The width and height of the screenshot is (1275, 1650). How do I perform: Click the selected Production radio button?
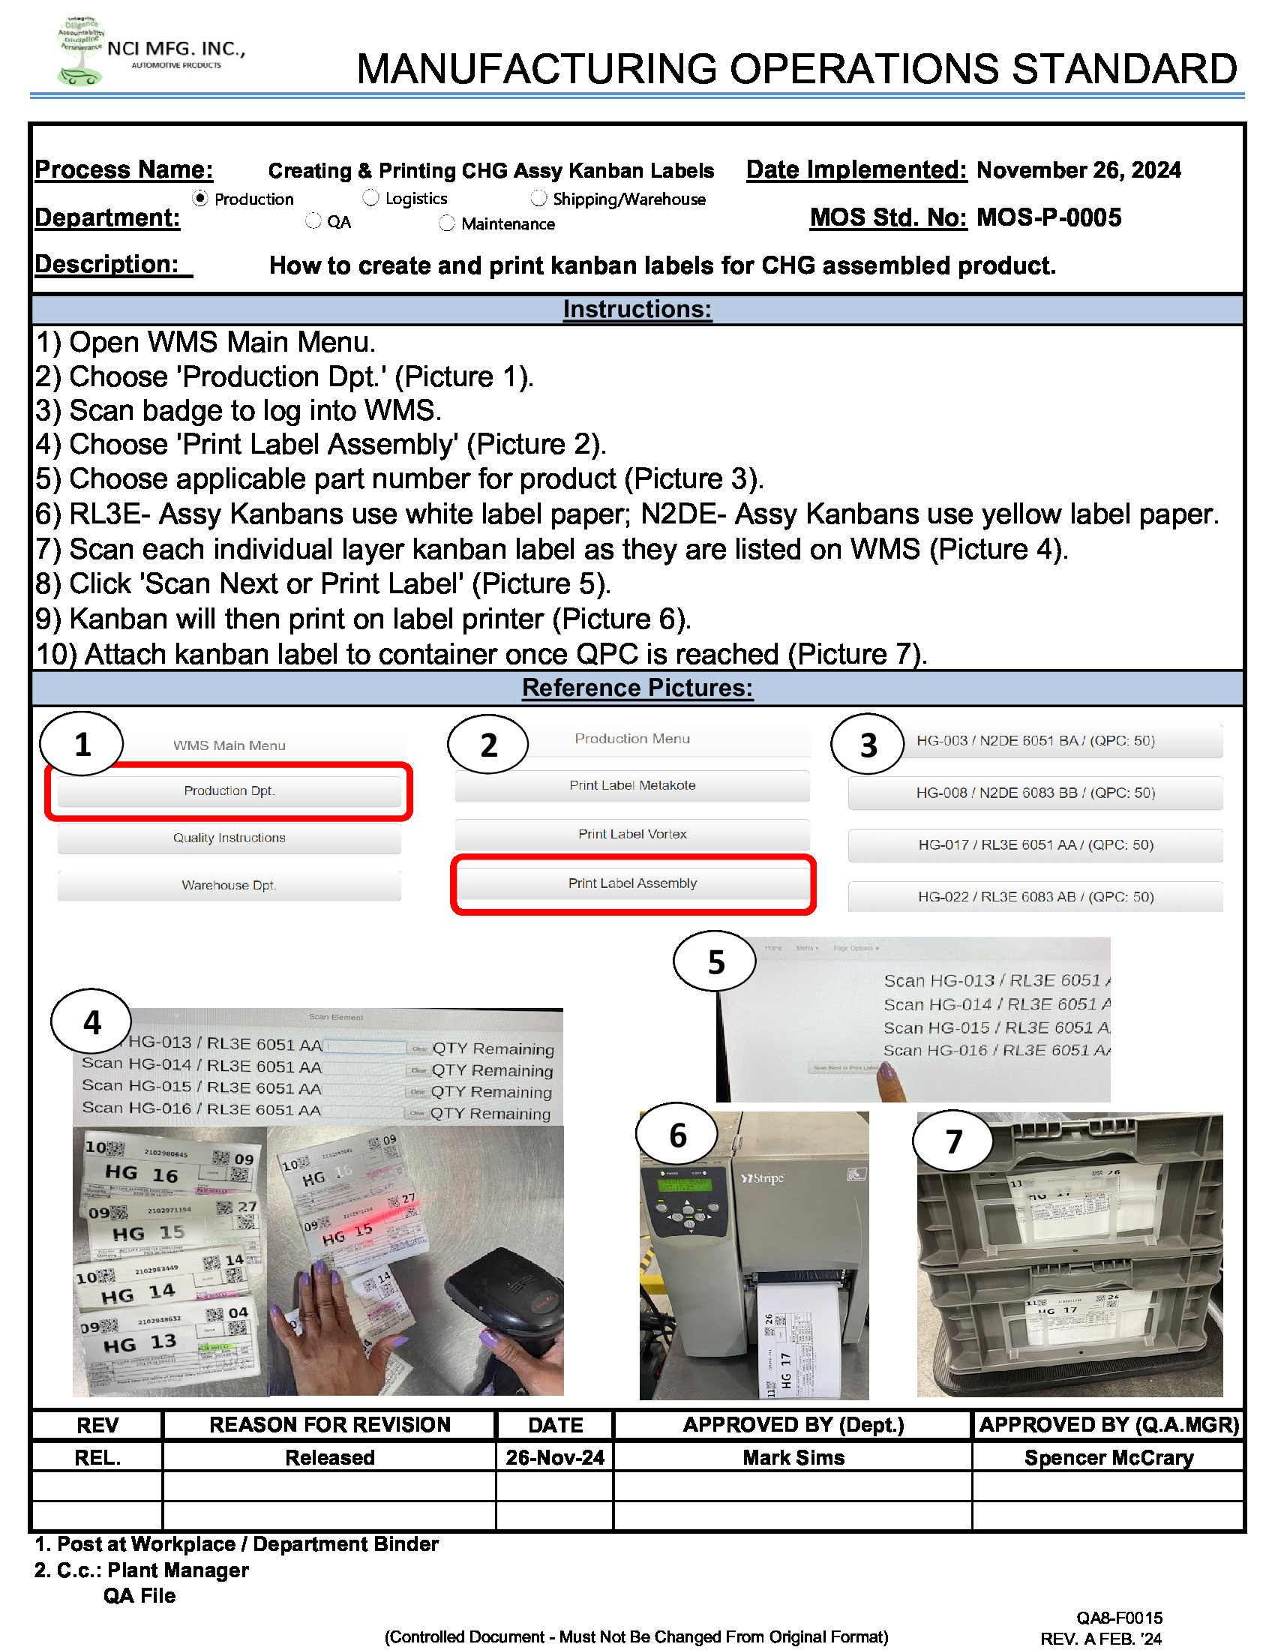(200, 198)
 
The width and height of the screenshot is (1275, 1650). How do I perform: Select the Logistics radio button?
(370, 198)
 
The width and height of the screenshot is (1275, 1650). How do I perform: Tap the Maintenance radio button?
(447, 223)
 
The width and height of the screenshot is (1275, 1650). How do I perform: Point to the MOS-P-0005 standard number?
(1048, 218)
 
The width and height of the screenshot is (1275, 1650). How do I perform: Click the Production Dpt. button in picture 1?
(229, 791)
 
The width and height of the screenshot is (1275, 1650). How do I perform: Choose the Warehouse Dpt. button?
(229, 886)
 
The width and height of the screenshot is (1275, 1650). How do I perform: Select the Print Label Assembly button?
(632, 883)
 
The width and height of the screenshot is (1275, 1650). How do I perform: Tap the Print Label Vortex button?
(632, 834)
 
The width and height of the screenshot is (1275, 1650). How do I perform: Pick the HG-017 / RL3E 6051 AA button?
(1035, 845)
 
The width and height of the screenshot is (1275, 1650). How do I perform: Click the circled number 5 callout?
(715, 961)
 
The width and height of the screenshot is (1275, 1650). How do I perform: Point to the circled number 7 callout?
(953, 1141)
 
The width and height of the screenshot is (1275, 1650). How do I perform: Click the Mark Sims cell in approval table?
(793, 1457)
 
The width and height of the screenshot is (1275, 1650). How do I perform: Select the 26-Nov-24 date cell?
(555, 1457)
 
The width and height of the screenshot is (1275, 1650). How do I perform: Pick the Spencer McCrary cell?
(1108, 1457)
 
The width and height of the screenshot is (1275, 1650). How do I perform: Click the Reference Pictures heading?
(637, 688)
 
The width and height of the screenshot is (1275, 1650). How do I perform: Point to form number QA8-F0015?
(1119, 1618)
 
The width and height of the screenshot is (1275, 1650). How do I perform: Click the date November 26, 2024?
(1078, 171)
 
